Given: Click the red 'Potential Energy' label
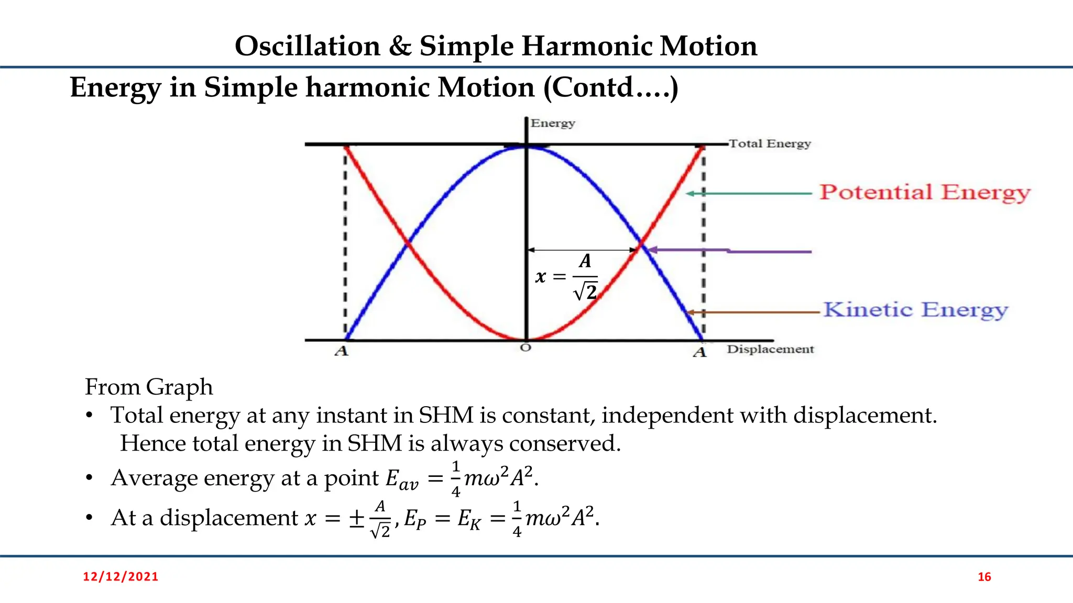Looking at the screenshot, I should (x=925, y=193).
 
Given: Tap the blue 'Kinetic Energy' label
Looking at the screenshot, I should (x=915, y=310).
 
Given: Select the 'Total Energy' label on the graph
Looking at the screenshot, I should (x=770, y=143).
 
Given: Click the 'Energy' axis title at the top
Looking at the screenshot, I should (x=553, y=124).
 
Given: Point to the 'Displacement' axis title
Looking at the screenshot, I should (x=770, y=349).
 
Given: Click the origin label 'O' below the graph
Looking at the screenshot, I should (x=526, y=348).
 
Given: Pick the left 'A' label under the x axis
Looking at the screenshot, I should (x=342, y=351).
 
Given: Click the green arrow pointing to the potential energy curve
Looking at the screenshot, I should (x=749, y=194).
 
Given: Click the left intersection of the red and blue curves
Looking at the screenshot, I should (x=408, y=243).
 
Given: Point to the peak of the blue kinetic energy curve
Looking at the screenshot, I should (x=527, y=147).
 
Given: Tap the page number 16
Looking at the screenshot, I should (x=984, y=577).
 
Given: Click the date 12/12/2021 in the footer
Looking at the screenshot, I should (x=121, y=577).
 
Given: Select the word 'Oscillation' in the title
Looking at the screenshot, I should (x=308, y=46).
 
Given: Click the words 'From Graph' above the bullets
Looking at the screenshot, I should (x=149, y=387).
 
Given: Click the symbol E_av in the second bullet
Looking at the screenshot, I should (x=402, y=478).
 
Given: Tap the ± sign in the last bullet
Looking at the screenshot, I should (x=357, y=518).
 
